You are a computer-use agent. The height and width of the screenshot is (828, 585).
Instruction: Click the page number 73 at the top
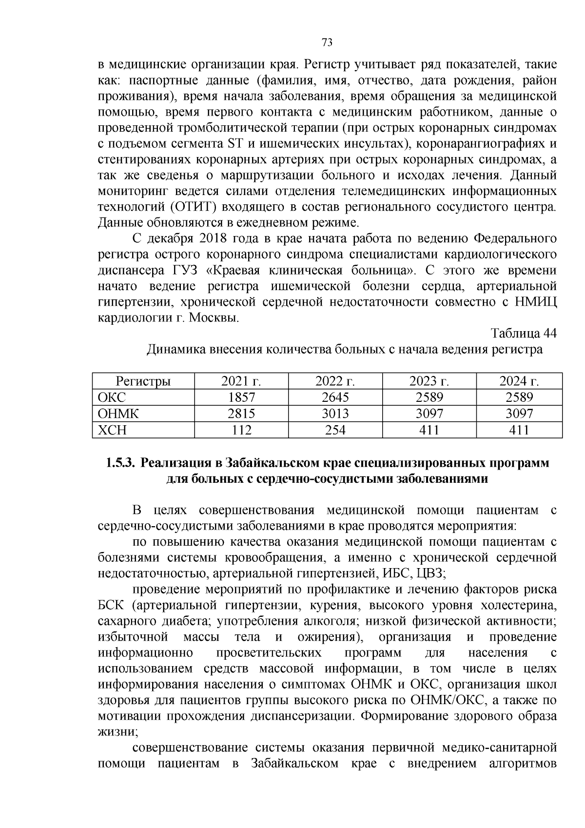tap(327, 43)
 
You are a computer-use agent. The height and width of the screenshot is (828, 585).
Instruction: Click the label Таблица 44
tap(523, 334)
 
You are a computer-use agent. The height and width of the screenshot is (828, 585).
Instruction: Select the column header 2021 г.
tap(241, 381)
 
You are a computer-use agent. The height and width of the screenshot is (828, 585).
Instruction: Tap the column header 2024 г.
tap(519, 381)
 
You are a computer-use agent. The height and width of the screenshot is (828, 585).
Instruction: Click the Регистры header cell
tap(143, 381)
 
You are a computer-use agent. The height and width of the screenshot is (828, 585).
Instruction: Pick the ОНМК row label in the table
tap(118, 414)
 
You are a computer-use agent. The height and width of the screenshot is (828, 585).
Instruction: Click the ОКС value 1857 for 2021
tap(241, 397)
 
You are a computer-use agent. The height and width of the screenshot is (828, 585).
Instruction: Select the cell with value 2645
tap(335, 397)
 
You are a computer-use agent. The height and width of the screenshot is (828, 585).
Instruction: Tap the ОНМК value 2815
tap(241, 414)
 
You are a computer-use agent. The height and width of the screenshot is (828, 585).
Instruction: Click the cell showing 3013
tap(335, 414)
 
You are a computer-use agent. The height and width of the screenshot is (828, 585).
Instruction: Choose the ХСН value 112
tap(241, 430)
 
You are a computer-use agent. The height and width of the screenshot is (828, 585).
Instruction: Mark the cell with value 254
tap(335, 430)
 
